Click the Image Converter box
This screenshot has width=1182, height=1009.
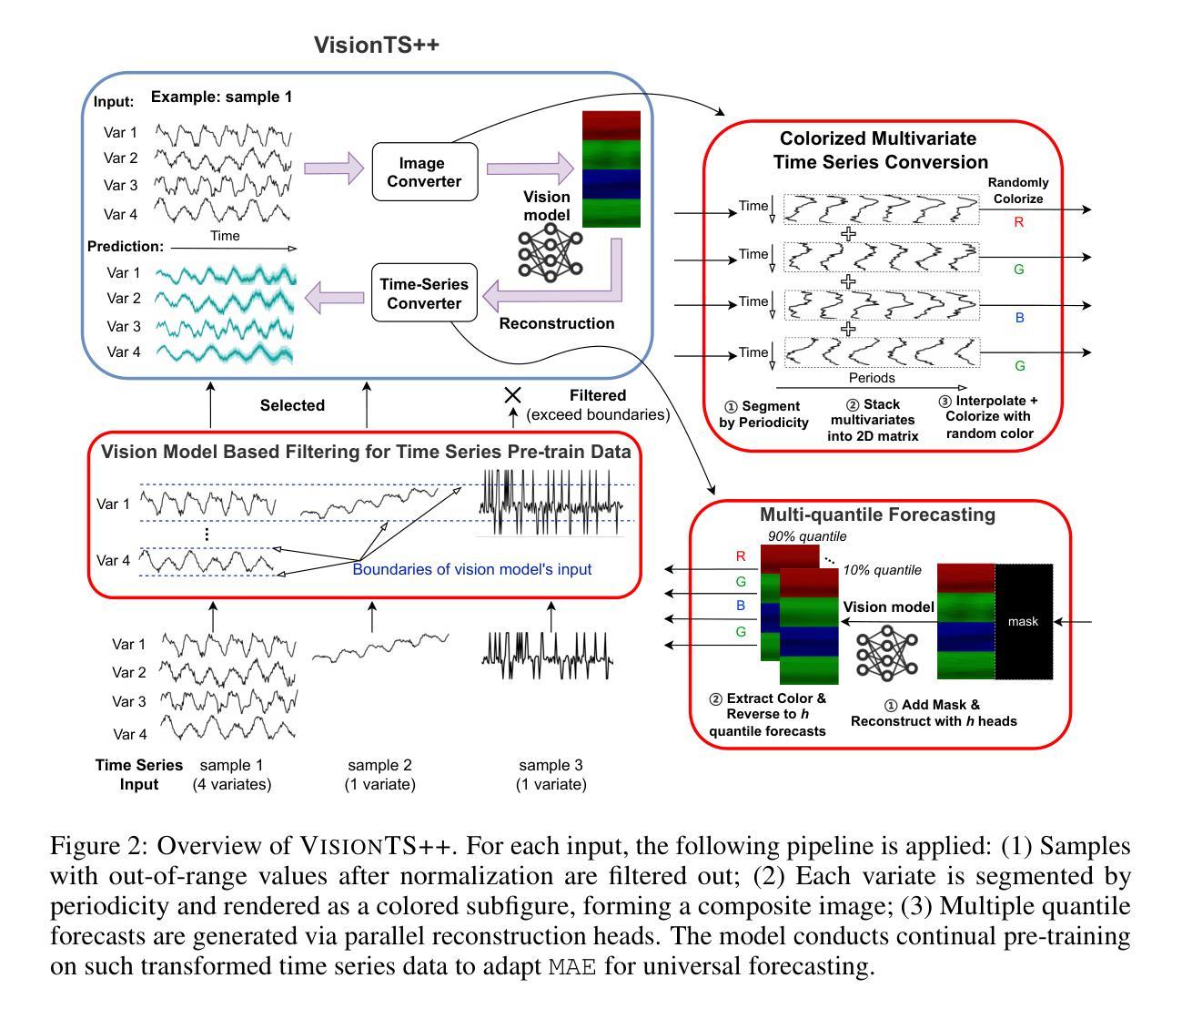coord(424,172)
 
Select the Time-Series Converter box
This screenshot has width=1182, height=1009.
coord(424,293)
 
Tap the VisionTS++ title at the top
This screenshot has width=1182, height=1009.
coord(377,46)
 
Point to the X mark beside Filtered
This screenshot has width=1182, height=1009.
coord(513,395)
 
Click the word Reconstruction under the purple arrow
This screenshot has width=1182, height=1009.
coord(557,323)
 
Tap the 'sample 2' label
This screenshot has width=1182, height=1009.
coord(379,765)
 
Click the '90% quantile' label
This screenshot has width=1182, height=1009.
coord(807,535)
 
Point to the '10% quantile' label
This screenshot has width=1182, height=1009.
coord(882,570)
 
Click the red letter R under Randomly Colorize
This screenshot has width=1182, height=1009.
coord(1018,221)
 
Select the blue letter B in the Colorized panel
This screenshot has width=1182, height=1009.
coord(1019,319)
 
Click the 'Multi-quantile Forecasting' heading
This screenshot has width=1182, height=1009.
coord(877,515)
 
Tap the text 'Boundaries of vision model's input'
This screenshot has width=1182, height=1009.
coord(471,569)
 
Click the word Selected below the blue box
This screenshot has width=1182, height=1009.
coord(292,405)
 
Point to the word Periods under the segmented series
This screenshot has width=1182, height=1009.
coord(872,378)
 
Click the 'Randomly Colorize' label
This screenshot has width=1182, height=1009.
coord(1018,190)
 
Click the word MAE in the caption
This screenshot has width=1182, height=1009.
coord(572,966)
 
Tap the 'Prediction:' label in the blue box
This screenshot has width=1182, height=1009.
coord(126,247)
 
